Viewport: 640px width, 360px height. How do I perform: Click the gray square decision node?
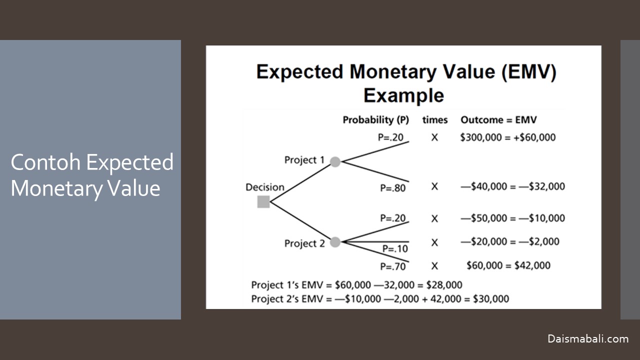pos(263,201)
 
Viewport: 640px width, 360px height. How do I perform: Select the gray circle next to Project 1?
pos(335,161)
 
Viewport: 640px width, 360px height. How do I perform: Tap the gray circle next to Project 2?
pos(335,242)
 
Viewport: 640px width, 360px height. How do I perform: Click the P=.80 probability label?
pos(393,188)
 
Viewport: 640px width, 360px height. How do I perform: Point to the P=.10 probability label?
pos(395,249)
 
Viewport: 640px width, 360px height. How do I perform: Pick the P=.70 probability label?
pos(393,266)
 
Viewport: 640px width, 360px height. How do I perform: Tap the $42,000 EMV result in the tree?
pos(532,265)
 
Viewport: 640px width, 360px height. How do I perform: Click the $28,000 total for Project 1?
pos(444,285)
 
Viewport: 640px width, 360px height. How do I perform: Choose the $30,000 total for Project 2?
pos(491,299)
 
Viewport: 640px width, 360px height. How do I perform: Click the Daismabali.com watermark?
pos(588,339)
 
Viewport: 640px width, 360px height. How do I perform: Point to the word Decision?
pos(265,187)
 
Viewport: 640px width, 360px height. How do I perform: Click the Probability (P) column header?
pos(375,120)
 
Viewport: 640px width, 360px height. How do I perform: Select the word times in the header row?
pos(435,120)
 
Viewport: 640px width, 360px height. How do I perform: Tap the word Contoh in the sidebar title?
pos(45,162)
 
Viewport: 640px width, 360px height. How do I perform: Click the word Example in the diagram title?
pos(403,95)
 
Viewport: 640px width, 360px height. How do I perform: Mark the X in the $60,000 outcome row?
pos(434,266)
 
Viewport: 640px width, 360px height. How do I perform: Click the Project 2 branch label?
pos(304,243)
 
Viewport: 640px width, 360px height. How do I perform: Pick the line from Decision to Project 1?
pos(300,183)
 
